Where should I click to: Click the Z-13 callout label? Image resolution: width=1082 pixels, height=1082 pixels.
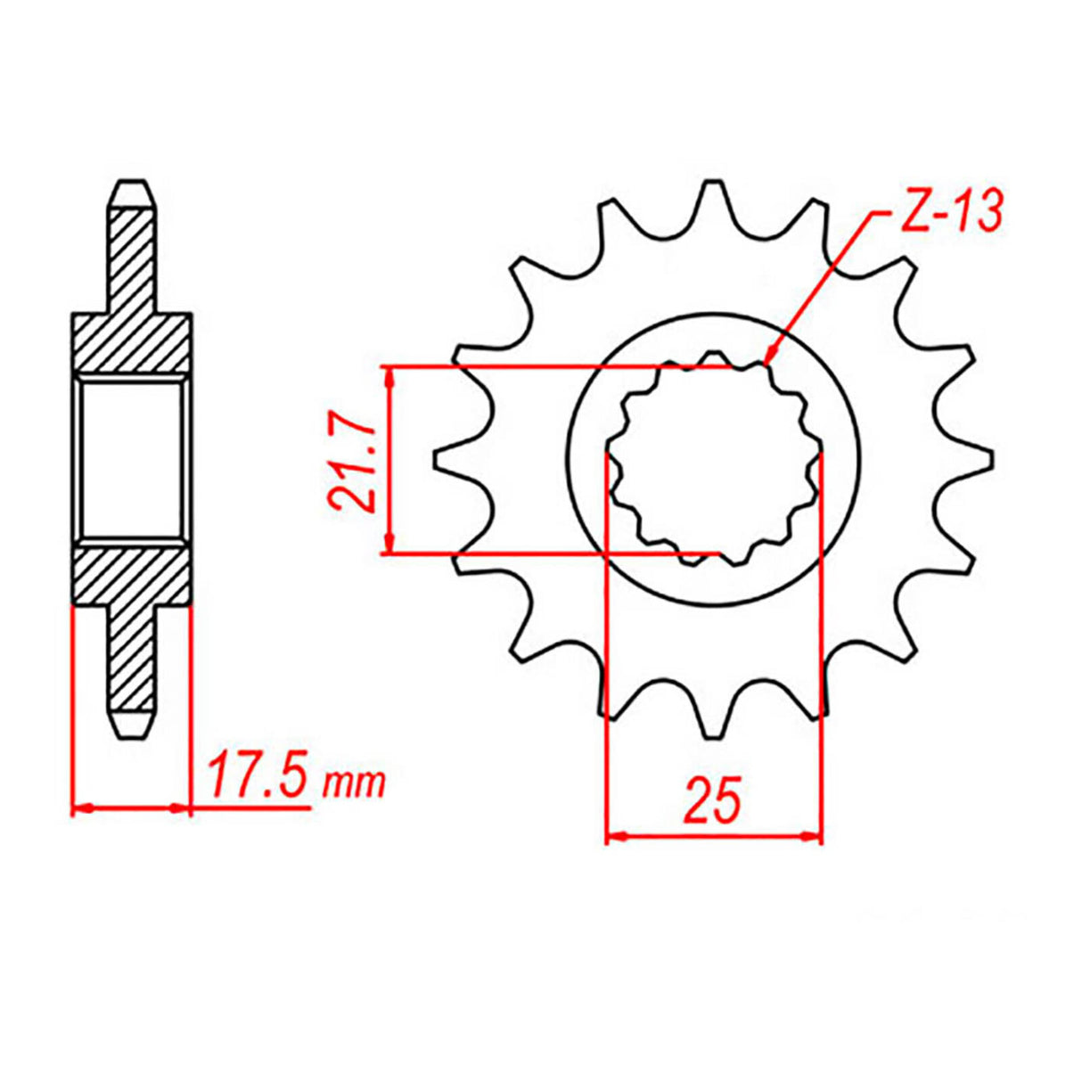948,212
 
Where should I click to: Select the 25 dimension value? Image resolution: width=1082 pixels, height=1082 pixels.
712,799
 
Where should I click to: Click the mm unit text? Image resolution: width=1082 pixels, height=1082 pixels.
355,783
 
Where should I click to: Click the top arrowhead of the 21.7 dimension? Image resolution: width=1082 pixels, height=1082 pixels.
389,376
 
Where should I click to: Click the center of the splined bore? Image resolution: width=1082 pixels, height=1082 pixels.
714,460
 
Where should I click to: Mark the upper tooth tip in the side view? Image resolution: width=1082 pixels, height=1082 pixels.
132,189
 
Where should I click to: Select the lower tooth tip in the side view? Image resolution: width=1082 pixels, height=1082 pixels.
132,726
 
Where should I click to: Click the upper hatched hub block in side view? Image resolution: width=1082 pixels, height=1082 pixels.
132,343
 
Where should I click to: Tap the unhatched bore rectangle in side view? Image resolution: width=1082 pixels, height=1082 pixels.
132,460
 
